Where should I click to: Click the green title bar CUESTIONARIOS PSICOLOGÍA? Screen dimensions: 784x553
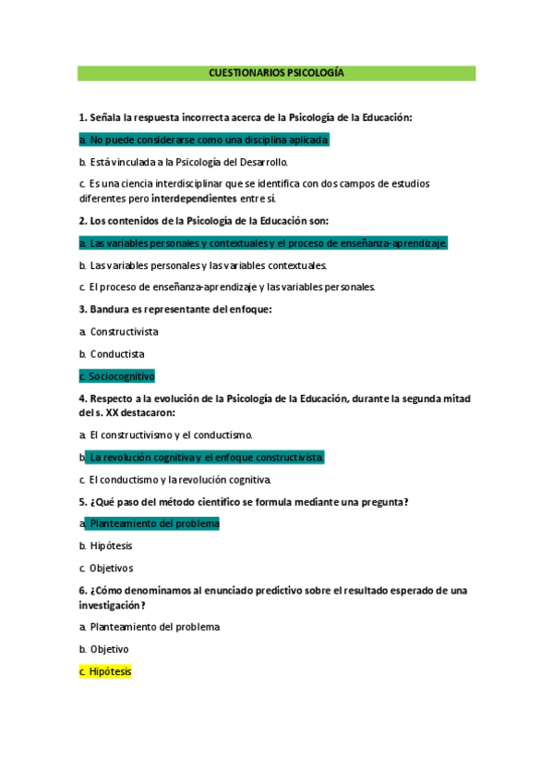(x=276, y=73)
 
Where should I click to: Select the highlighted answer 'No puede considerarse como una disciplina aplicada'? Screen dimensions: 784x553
(x=204, y=140)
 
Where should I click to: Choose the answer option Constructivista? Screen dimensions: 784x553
(x=124, y=331)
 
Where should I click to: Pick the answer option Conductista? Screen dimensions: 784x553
(x=117, y=353)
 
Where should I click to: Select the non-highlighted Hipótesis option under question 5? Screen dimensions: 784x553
(x=111, y=545)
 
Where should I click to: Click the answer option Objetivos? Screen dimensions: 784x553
(x=112, y=568)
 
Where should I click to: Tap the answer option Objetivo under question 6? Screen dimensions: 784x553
(x=109, y=649)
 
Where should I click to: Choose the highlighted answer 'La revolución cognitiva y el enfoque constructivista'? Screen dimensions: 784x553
(x=205, y=457)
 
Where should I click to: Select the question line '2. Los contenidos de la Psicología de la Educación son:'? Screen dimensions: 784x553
(x=204, y=220)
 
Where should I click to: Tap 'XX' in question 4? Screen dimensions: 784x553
(x=113, y=412)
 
